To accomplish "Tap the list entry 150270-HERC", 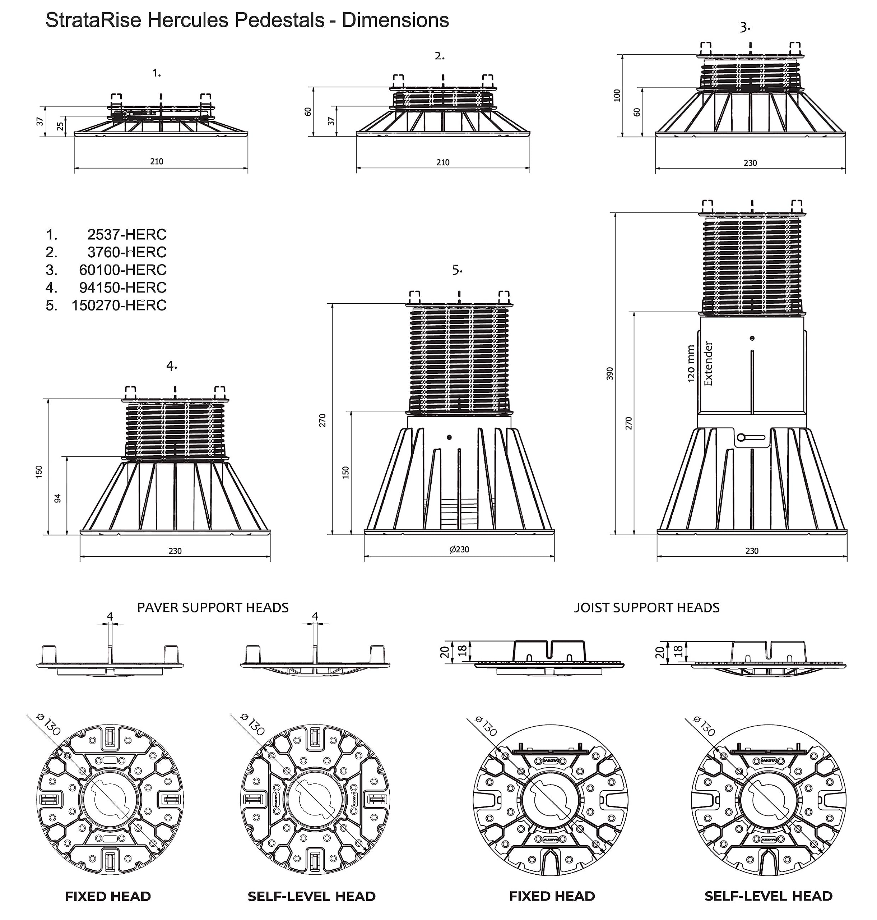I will pyautogui.click(x=119, y=305).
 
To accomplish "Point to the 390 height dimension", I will pyautogui.click(x=609, y=373).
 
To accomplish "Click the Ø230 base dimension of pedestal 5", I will pyautogui.click(x=459, y=549).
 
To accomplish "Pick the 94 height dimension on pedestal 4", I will pyautogui.click(x=58, y=498).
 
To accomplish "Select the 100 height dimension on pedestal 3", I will pyautogui.click(x=618, y=96).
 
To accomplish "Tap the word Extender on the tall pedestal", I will pyautogui.click(x=709, y=363).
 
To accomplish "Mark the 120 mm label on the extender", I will pyautogui.click(x=691, y=363).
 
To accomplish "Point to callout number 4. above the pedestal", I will pyautogui.click(x=172, y=366).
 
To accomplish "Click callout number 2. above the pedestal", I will pyautogui.click(x=440, y=56).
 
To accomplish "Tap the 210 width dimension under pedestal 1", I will pyautogui.click(x=157, y=161).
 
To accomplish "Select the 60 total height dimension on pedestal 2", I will pyautogui.click(x=308, y=112).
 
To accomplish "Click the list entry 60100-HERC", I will pyautogui.click(x=122, y=270).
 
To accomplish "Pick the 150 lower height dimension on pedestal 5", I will pyautogui.click(x=346, y=472).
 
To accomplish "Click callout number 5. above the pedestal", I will pyautogui.click(x=457, y=270).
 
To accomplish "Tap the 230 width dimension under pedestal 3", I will pyautogui.click(x=750, y=163).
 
